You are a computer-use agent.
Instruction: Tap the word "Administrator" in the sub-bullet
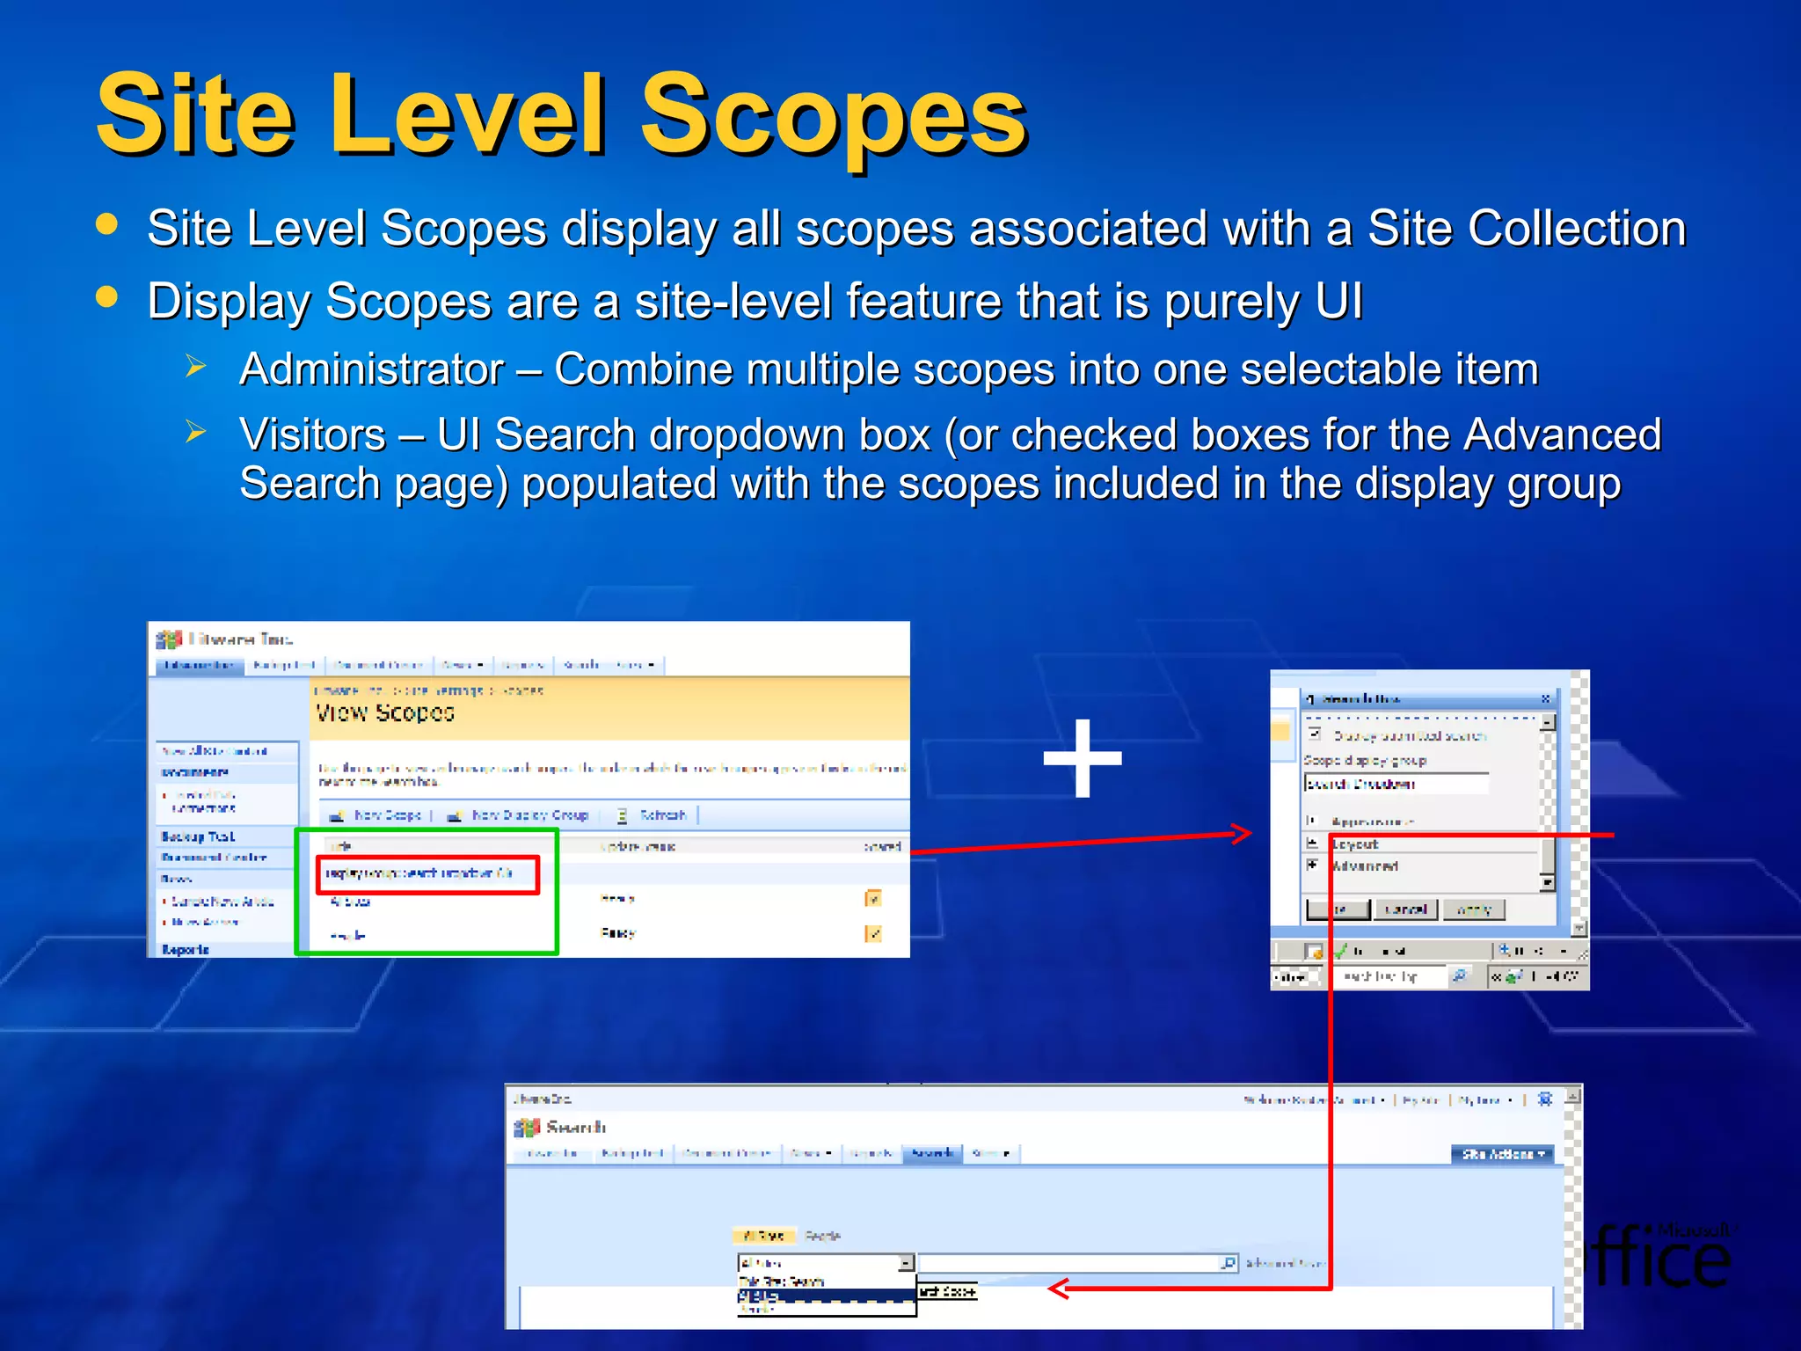point(371,369)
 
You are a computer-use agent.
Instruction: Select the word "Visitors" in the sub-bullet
point(312,435)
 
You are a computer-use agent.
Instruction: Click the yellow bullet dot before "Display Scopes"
point(106,297)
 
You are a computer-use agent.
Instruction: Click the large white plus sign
point(1083,758)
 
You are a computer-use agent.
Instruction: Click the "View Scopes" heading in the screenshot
point(385,712)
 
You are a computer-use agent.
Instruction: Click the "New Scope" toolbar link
point(386,815)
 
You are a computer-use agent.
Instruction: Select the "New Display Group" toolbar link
point(529,815)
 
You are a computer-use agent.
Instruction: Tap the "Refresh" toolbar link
point(661,815)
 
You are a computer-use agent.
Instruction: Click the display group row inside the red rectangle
point(427,873)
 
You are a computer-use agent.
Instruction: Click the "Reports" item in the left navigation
point(186,949)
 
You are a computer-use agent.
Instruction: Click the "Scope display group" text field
point(1396,784)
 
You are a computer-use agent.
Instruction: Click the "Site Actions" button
point(1502,1154)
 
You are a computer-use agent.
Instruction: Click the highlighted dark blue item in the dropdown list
point(825,1296)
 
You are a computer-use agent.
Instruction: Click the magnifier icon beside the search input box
point(1229,1263)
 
